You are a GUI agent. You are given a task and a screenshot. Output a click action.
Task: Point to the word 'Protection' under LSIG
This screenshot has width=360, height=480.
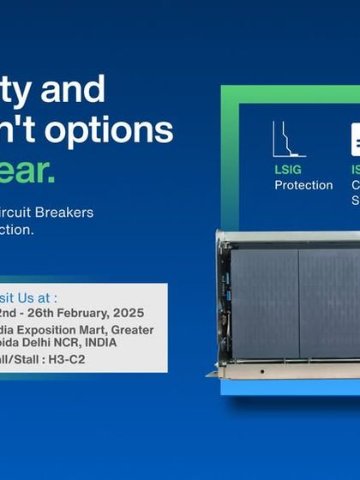click(303, 185)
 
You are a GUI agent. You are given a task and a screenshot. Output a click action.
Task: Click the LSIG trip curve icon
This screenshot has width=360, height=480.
click(289, 139)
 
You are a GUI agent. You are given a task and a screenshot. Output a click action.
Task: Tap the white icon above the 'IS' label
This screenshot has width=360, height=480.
click(355, 140)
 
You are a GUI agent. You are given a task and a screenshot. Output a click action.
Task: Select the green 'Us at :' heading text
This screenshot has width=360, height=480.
click(34, 297)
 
